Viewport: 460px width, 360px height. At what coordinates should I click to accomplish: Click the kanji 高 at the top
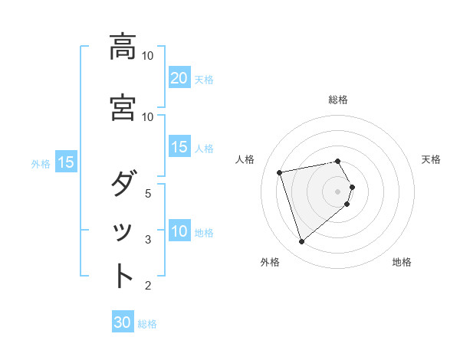(123, 47)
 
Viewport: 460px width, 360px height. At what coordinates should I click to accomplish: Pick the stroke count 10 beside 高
(148, 56)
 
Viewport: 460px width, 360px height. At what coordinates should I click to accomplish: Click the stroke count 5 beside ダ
(149, 193)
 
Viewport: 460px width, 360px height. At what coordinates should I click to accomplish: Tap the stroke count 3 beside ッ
(149, 240)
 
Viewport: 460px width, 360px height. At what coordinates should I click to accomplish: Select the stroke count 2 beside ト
(149, 286)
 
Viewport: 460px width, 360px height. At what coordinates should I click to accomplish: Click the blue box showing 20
(179, 78)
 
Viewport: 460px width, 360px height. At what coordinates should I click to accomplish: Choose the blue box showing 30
(123, 323)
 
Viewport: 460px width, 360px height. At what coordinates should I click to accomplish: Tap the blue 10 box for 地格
(179, 231)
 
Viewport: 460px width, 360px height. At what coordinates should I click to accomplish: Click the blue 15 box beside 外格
(65, 162)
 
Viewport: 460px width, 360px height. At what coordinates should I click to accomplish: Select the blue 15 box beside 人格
(179, 147)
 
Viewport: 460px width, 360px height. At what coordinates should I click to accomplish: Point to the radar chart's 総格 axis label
(338, 100)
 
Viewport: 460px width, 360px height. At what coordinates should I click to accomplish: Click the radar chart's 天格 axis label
(432, 159)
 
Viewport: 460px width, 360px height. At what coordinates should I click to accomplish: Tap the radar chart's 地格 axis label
(402, 262)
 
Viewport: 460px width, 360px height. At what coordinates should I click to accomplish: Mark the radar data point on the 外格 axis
(301, 242)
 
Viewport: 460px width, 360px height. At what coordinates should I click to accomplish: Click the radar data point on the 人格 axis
(280, 172)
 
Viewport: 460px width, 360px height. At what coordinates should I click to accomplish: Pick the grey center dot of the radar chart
(338, 191)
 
